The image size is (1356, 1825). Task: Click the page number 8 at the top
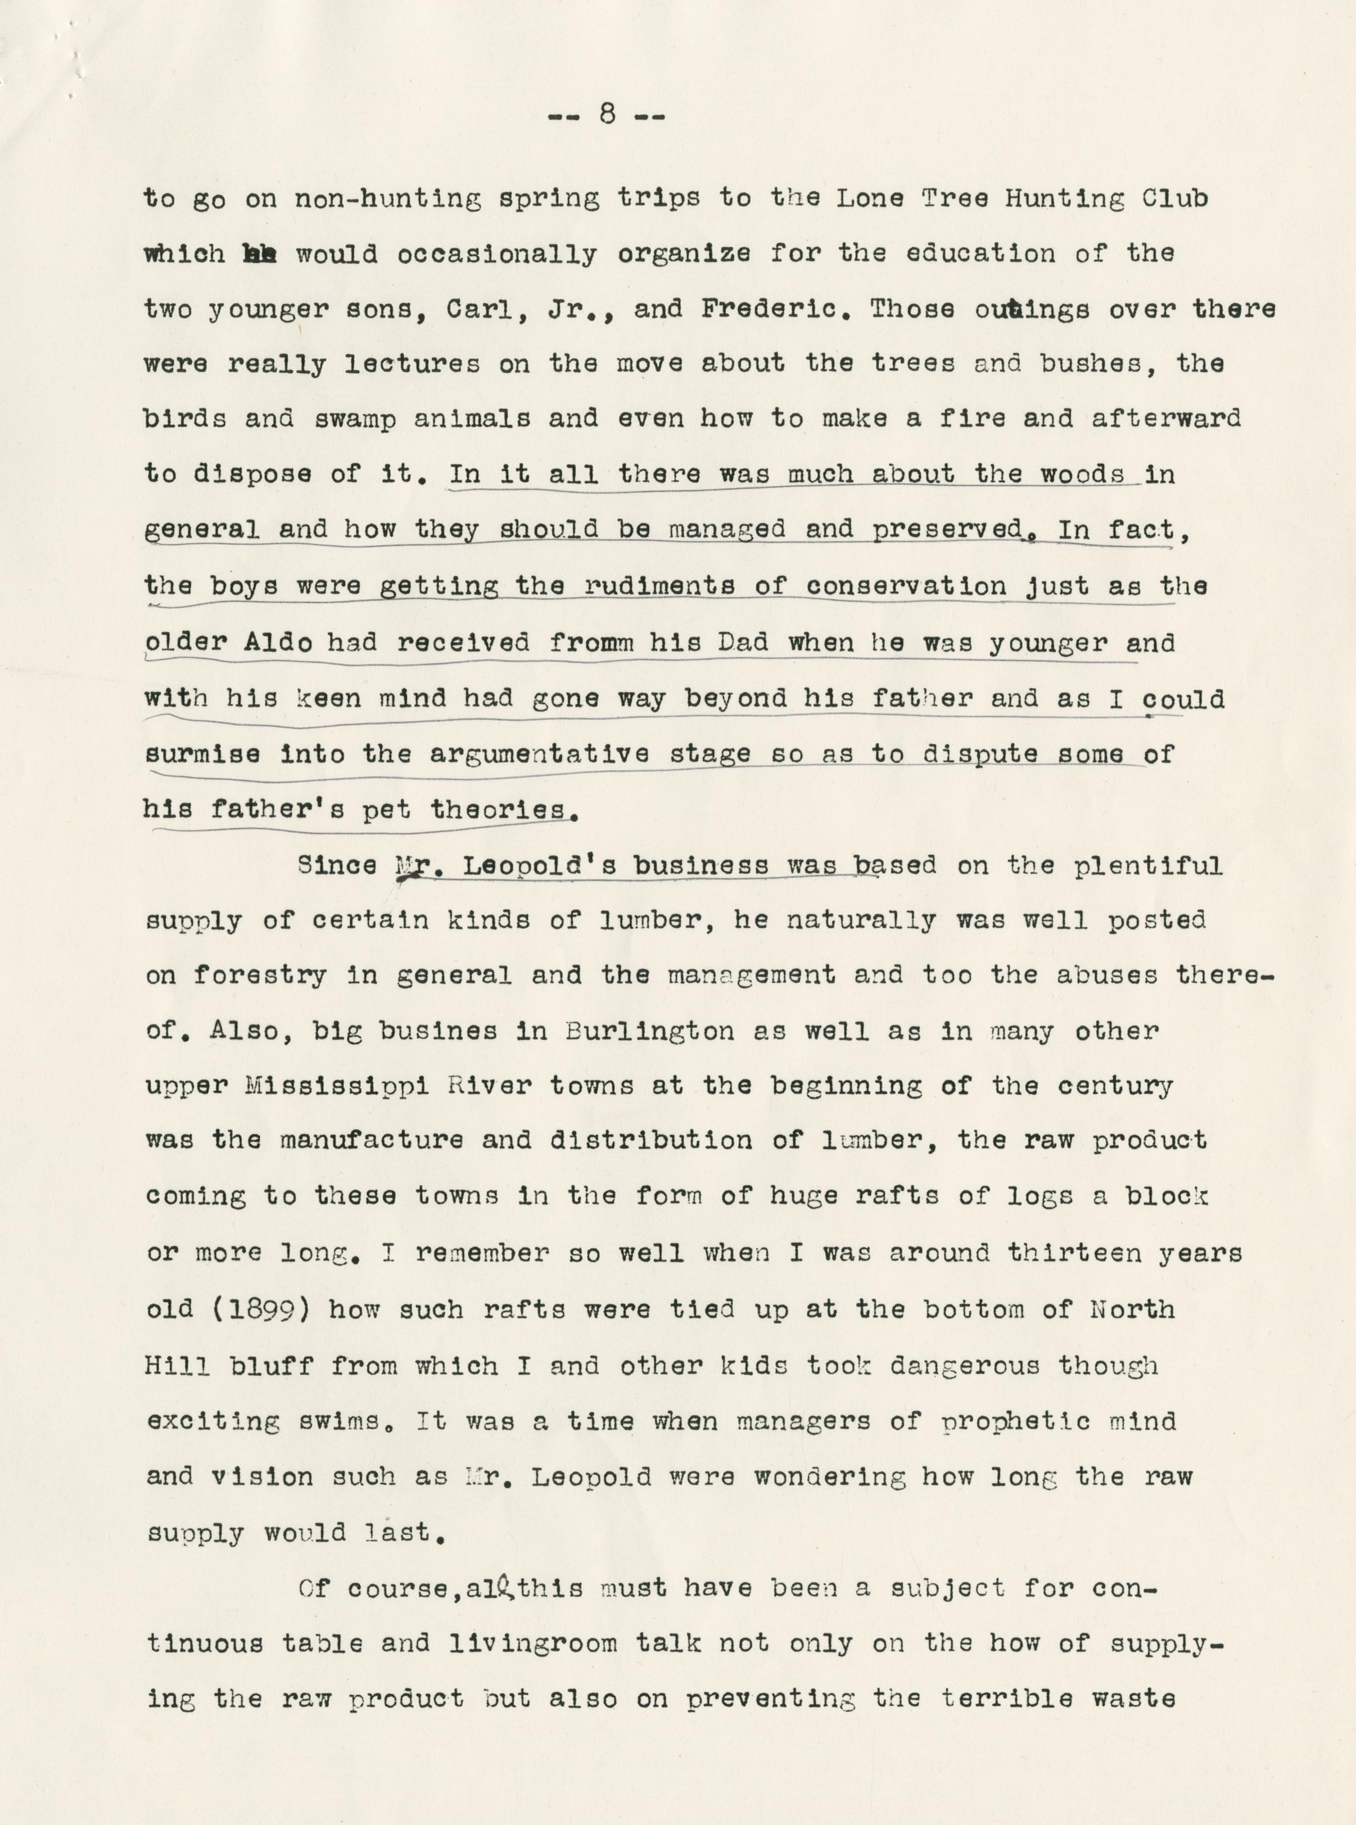tap(607, 115)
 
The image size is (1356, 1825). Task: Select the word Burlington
tap(649, 1031)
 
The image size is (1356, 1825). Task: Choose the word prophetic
tap(1014, 1422)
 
